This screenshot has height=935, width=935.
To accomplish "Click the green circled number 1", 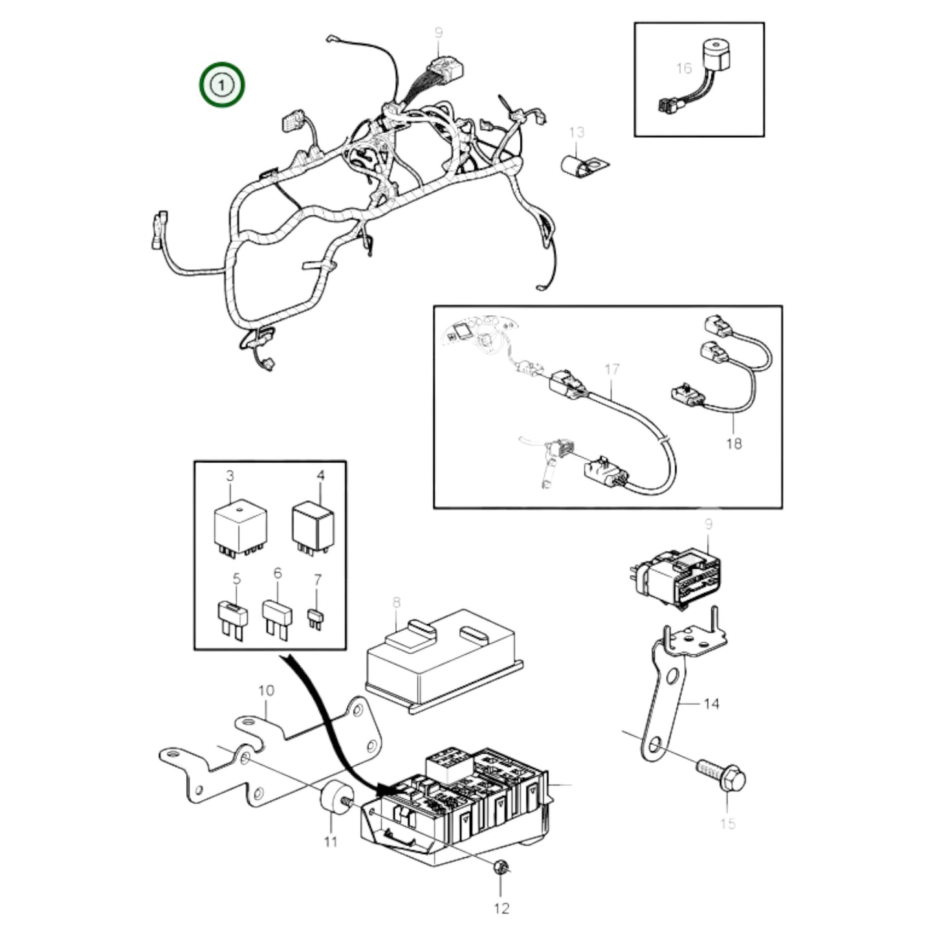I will (x=221, y=85).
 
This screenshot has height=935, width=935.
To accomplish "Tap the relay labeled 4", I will (x=313, y=525).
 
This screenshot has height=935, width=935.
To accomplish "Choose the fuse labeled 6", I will (x=276, y=615).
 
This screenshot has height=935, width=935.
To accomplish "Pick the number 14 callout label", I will (x=710, y=703).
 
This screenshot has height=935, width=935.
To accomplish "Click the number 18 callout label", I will (x=733, y=444).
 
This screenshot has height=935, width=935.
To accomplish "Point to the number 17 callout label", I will (x=611, y=369).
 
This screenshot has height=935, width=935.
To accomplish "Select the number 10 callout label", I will (x=266, y=691).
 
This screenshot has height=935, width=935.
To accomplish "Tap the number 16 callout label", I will (x=683, y=68).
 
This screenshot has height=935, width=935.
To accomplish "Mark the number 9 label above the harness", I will (x=439, y=32).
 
